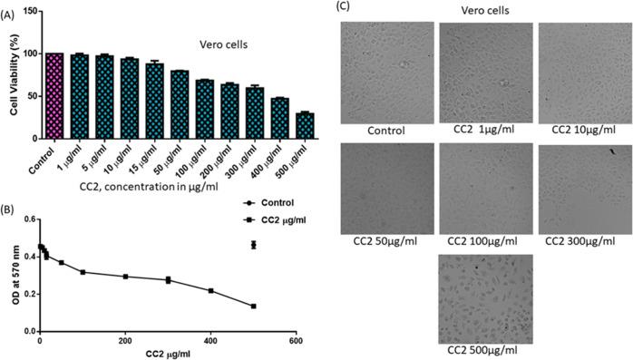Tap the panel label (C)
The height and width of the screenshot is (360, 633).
pos(343,6)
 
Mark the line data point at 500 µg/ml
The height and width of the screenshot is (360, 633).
pos(253,306)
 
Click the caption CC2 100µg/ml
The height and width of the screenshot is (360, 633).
pos(485,242)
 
